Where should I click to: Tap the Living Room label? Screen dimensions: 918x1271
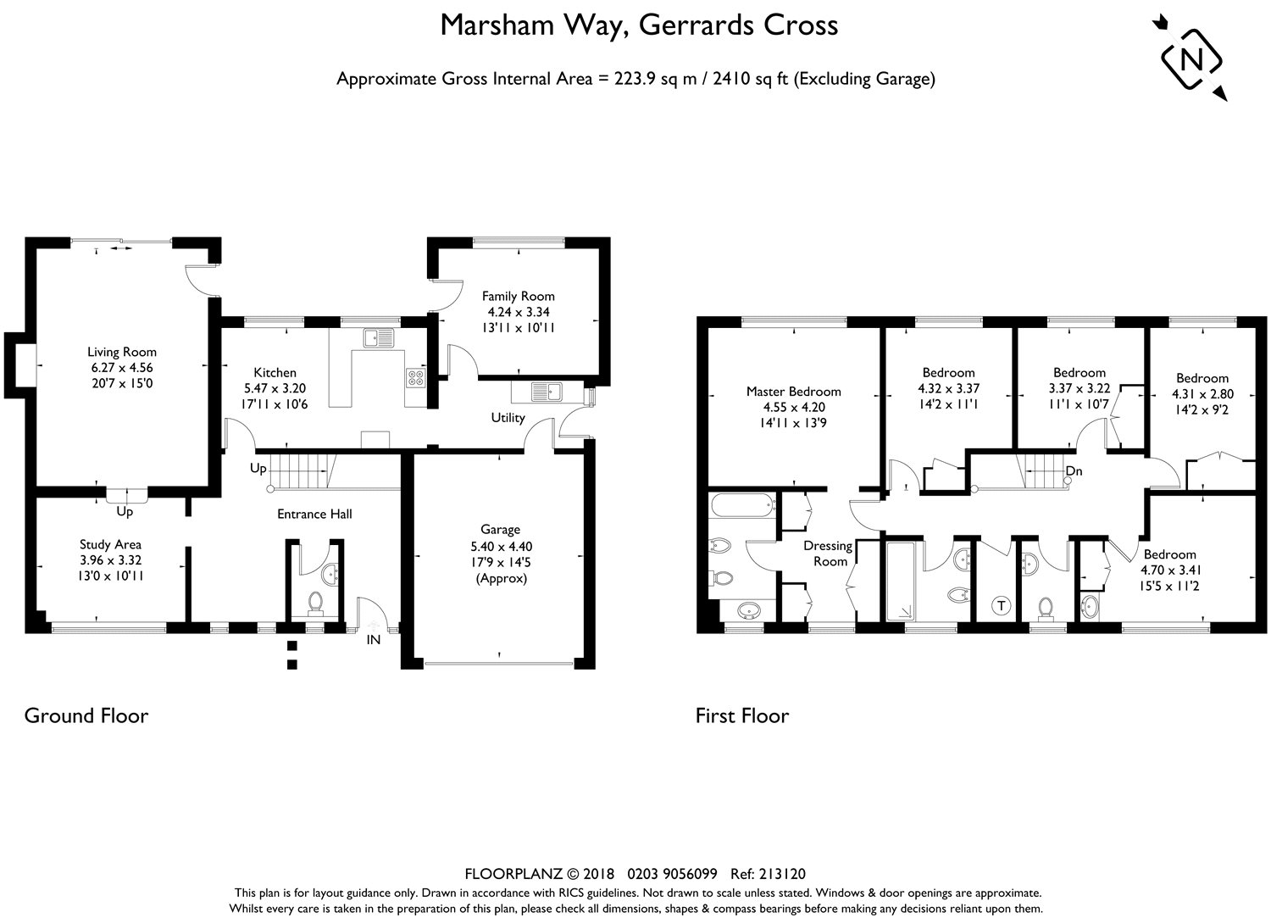122,352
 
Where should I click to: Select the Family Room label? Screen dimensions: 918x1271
518,296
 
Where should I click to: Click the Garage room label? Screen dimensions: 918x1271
500,530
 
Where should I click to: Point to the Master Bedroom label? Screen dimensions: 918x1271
793,392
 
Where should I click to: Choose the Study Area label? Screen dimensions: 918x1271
110,544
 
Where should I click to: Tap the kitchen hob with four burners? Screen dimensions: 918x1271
416,376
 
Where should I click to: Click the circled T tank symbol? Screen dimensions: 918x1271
1002,605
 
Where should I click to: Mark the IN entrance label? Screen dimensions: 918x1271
373,640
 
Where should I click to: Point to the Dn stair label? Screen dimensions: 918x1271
1074,471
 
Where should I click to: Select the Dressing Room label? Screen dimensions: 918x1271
828,554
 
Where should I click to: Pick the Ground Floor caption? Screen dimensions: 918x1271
86,715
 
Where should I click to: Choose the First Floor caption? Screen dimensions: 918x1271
741,716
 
